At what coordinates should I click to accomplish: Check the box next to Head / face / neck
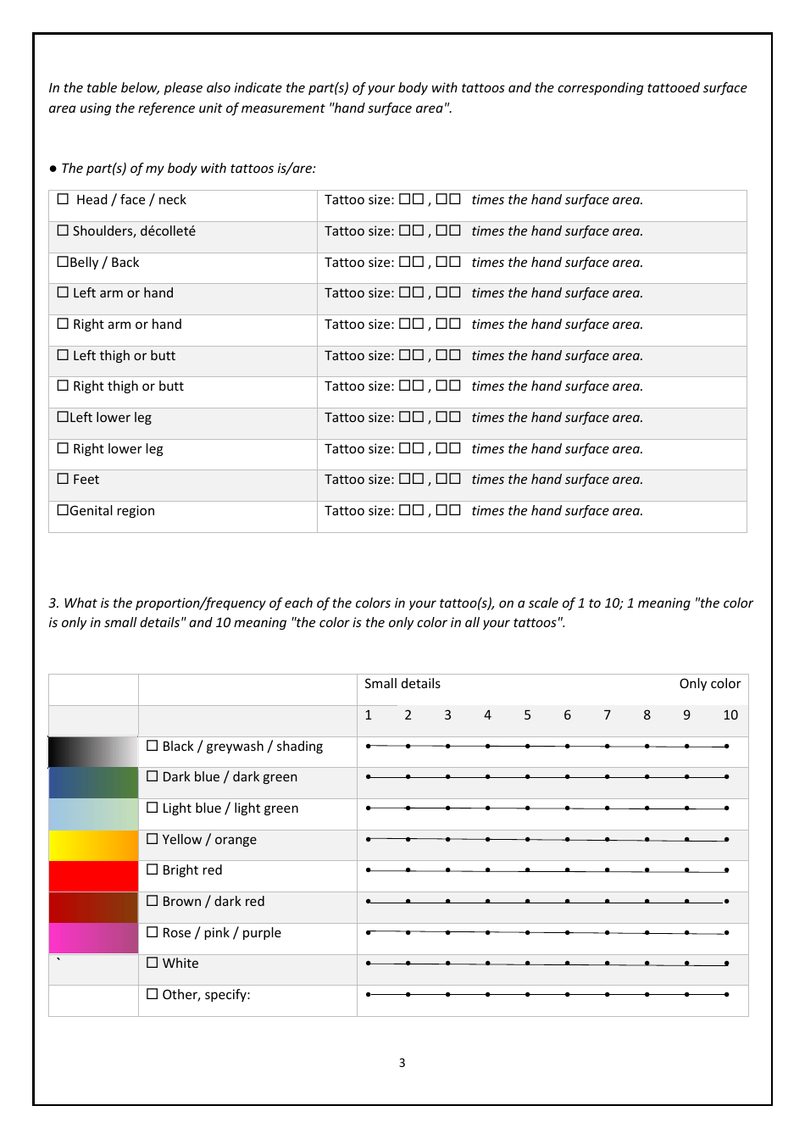[63, 200]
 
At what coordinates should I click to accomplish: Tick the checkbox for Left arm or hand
[63, 293]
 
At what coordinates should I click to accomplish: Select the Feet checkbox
[63, 480]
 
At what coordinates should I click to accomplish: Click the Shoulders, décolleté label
[134, 231]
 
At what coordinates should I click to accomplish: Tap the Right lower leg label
[118, 449]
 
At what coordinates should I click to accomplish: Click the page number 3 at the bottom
[402, 1063]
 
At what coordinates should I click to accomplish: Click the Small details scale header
[402, 684]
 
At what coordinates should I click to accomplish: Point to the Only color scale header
[709, 684]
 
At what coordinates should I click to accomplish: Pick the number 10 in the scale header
[730, 715]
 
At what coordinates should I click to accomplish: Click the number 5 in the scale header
[527, 715]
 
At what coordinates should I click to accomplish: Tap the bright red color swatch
[93, 876]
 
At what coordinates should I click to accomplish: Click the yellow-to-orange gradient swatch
[93, 846]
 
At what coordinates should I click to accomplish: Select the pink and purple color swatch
[93, 939]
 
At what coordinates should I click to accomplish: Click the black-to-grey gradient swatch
[93, 752]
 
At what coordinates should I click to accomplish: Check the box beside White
[153, 964]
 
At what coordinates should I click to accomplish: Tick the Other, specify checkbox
[153, 995]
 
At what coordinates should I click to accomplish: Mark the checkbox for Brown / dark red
[153, 902]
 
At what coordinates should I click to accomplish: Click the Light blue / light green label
[230, 808]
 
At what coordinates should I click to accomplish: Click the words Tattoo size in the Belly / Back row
[358, 263]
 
